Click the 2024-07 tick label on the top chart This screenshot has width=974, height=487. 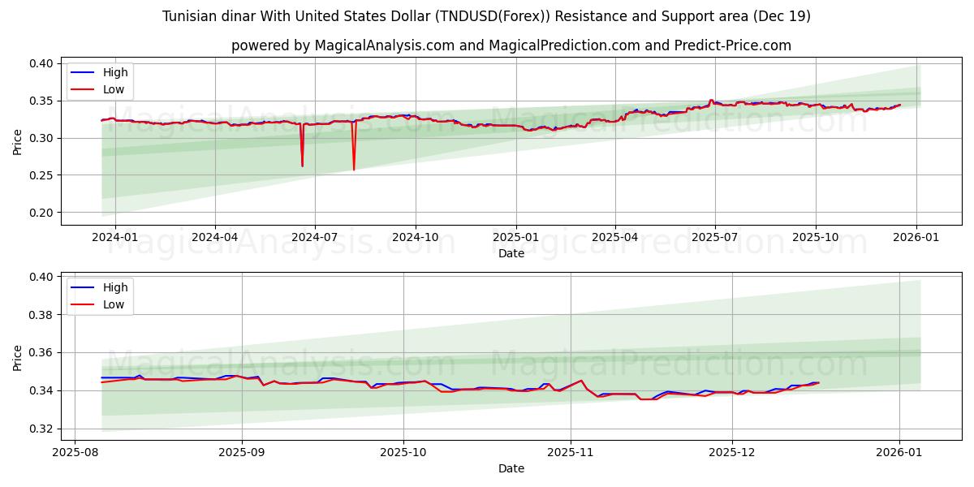pos(314,237)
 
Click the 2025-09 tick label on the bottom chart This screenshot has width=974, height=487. pos(242,452)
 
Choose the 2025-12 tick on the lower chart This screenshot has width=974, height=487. pos(732,452)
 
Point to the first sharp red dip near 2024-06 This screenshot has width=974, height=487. pos(302,166)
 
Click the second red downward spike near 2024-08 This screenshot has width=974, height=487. pos(354,169)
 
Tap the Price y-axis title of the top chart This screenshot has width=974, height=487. pos(18,141)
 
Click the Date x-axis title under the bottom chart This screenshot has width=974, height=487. pos(511,468)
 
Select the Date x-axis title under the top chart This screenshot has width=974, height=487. pos(511,253)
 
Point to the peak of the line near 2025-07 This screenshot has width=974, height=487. pos(711,100)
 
